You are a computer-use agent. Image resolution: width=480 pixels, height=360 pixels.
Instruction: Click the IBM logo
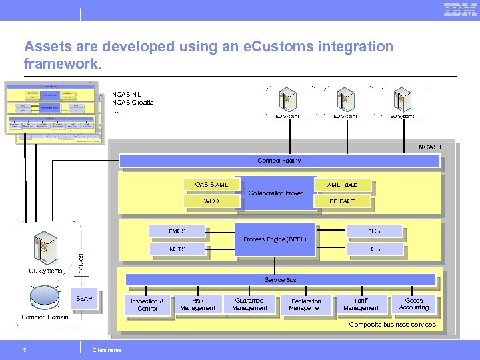coord(461,9)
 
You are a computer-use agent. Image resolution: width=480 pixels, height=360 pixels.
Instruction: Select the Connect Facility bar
coord(279,161)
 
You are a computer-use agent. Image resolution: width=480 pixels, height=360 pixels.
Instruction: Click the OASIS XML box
coord(211,184)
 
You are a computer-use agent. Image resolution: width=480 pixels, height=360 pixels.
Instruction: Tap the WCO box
coord(211,201)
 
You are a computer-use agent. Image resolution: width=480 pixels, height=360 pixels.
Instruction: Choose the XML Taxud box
coord(342,184)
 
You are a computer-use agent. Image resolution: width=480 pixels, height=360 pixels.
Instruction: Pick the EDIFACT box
coord(342,201)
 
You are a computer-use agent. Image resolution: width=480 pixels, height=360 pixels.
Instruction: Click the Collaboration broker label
coord(275,193)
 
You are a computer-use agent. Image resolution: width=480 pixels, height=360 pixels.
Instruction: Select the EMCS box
coord(177,231)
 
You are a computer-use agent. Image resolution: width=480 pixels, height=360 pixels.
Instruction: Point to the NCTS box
coord(177,249)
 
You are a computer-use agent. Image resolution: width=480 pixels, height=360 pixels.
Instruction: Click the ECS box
coord(374,231)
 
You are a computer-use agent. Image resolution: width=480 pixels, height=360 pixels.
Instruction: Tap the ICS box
coord(375,249)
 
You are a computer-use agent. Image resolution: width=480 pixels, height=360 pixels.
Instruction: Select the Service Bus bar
coord(280,280)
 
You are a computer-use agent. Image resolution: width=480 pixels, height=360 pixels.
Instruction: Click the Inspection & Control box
coord(147,305)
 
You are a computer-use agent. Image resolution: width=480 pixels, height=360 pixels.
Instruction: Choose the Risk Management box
coord(198,305)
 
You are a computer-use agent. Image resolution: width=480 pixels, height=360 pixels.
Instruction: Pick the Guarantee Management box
coord(250,305)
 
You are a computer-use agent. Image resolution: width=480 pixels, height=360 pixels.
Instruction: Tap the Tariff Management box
coord(361,305)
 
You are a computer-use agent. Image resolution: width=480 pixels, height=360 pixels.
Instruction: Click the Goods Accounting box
coord(414,304)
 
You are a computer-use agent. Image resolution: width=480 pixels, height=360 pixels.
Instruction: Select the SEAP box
coord(85,299)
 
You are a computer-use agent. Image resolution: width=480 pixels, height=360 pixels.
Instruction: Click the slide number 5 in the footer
coord(25,350)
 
